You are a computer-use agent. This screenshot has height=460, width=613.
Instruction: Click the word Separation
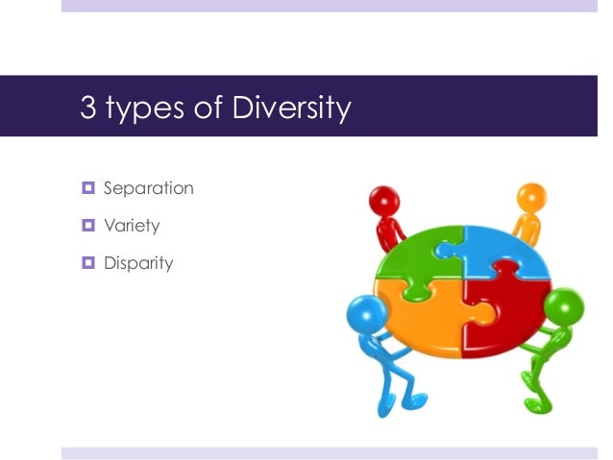tap(149, 188)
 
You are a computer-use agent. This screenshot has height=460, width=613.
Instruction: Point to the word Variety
tap(132, 226)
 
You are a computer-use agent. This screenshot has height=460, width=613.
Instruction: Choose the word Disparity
tap(138, 263)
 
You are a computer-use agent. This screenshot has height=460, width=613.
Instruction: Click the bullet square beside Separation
tap(87, 188)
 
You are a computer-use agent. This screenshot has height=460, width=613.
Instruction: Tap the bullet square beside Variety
tap(87, 226)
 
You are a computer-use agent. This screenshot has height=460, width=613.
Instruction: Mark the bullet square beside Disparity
tap(87, 262)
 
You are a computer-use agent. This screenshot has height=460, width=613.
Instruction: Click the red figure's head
tap(384, 203)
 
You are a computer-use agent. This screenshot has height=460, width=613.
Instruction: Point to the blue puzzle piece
tap(495, 252)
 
